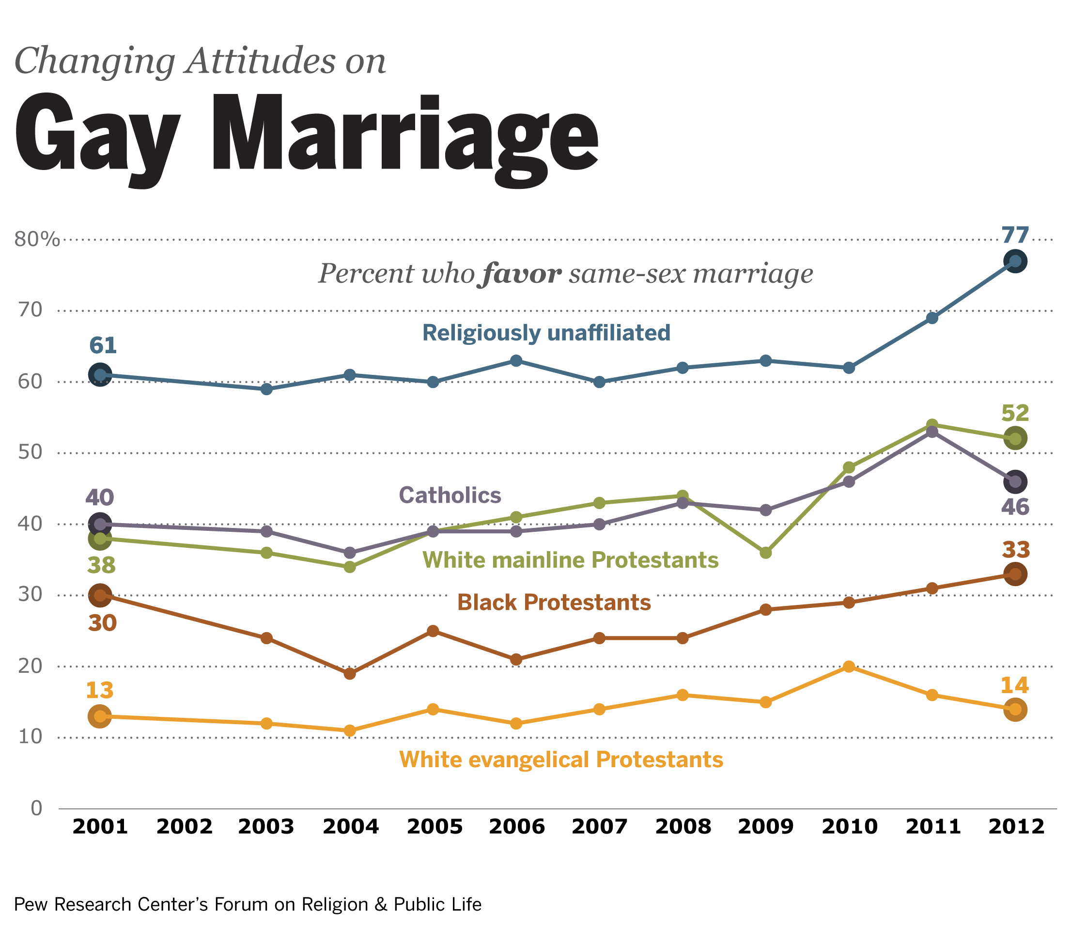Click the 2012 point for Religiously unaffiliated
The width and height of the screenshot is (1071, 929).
pyautogui.click(x=1015, y=261)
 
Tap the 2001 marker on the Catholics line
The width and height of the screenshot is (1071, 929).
pyautogui.click(x=100, y=524)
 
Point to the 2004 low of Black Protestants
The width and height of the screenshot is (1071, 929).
pyautogui.click(x=350, y=674)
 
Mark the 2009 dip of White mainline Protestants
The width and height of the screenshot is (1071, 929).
pyautogui.click(x=766, y=553)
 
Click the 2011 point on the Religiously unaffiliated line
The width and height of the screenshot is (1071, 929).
pyautogui.click(x=932, y=318)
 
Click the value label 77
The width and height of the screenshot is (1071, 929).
pyautogui.click(x=1014, y=235)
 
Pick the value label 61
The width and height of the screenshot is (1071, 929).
pyautogui.click(x=103, y=345)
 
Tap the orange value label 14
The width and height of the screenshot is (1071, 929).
pyautogui.click(x=1014, y=686)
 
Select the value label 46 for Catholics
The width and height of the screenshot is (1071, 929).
pyautogui.click(x=1015, y=507)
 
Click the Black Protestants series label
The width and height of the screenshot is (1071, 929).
pyautogui.click(x=554, y=603)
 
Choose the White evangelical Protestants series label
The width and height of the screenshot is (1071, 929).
pyautogui.click(x=561, y=759)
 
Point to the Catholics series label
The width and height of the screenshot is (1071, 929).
pyautogui.click(x=450, y=495)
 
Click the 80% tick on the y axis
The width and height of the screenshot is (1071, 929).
pyautogui.click(x=36, y=239)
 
